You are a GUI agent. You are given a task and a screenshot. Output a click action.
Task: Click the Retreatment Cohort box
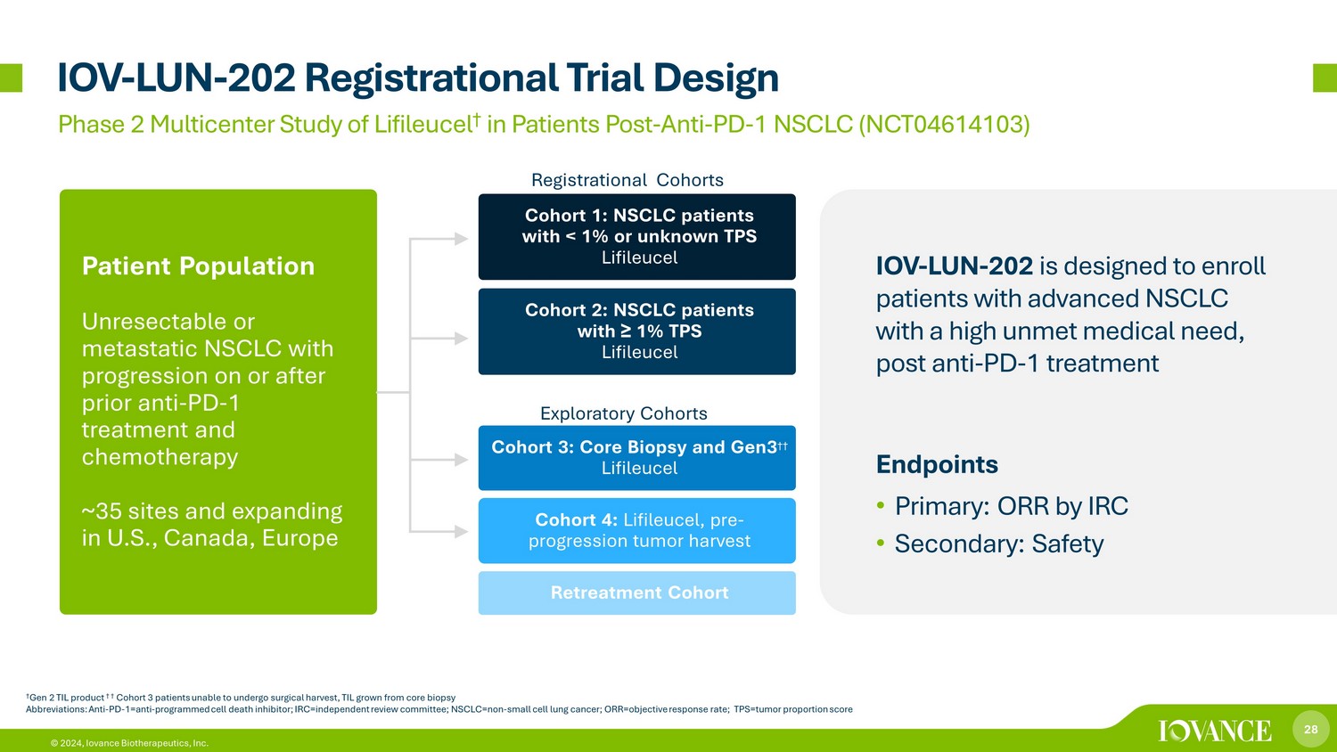tap(637, 593)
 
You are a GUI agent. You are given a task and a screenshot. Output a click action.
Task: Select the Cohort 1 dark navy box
tap(637, 236)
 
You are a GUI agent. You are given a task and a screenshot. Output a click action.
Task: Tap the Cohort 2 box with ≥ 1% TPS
tap(637, 331)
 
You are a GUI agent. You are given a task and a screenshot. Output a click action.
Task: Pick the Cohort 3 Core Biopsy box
tap(637, 458)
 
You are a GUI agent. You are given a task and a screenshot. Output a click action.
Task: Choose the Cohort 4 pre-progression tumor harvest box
tap(637, 530)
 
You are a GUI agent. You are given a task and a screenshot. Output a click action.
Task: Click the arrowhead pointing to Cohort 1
tap(462, 239)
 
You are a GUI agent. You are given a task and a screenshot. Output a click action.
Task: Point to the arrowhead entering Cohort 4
tap(462, 531)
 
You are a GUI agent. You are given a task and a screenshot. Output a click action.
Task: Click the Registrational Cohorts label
tap(627, 180)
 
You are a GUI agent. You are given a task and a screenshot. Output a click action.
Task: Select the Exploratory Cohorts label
tap(624, 413)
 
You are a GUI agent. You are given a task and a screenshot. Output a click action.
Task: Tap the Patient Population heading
tap(198, 266)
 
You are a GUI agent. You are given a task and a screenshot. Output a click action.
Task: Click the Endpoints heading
tap(937, 464)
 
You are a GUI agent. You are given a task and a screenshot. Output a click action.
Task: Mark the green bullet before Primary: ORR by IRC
tap(881, 506)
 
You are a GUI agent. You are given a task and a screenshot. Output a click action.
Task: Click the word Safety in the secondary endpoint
tap(1067, 544)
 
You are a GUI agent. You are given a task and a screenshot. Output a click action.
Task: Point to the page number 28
tap(1311, 730)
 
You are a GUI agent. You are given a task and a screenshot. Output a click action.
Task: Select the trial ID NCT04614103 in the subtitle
tap(944, 124)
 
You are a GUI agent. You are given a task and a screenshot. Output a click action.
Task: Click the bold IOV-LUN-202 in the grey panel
tap(955, 266)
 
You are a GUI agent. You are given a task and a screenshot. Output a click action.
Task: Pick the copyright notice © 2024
tap(66, 743)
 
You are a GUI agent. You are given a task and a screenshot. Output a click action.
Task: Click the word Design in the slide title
tap(717, 78)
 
